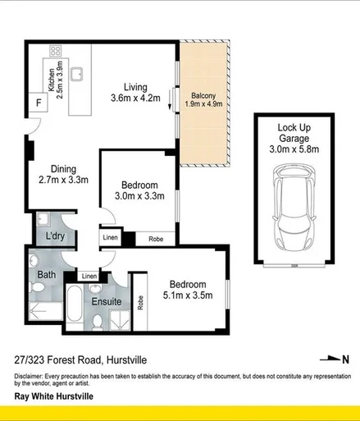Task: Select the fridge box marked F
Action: coord(37,103)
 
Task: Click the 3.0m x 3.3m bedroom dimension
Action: coord(138,197)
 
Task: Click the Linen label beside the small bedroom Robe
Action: coord(110,239)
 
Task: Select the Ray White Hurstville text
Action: coord(54,396)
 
